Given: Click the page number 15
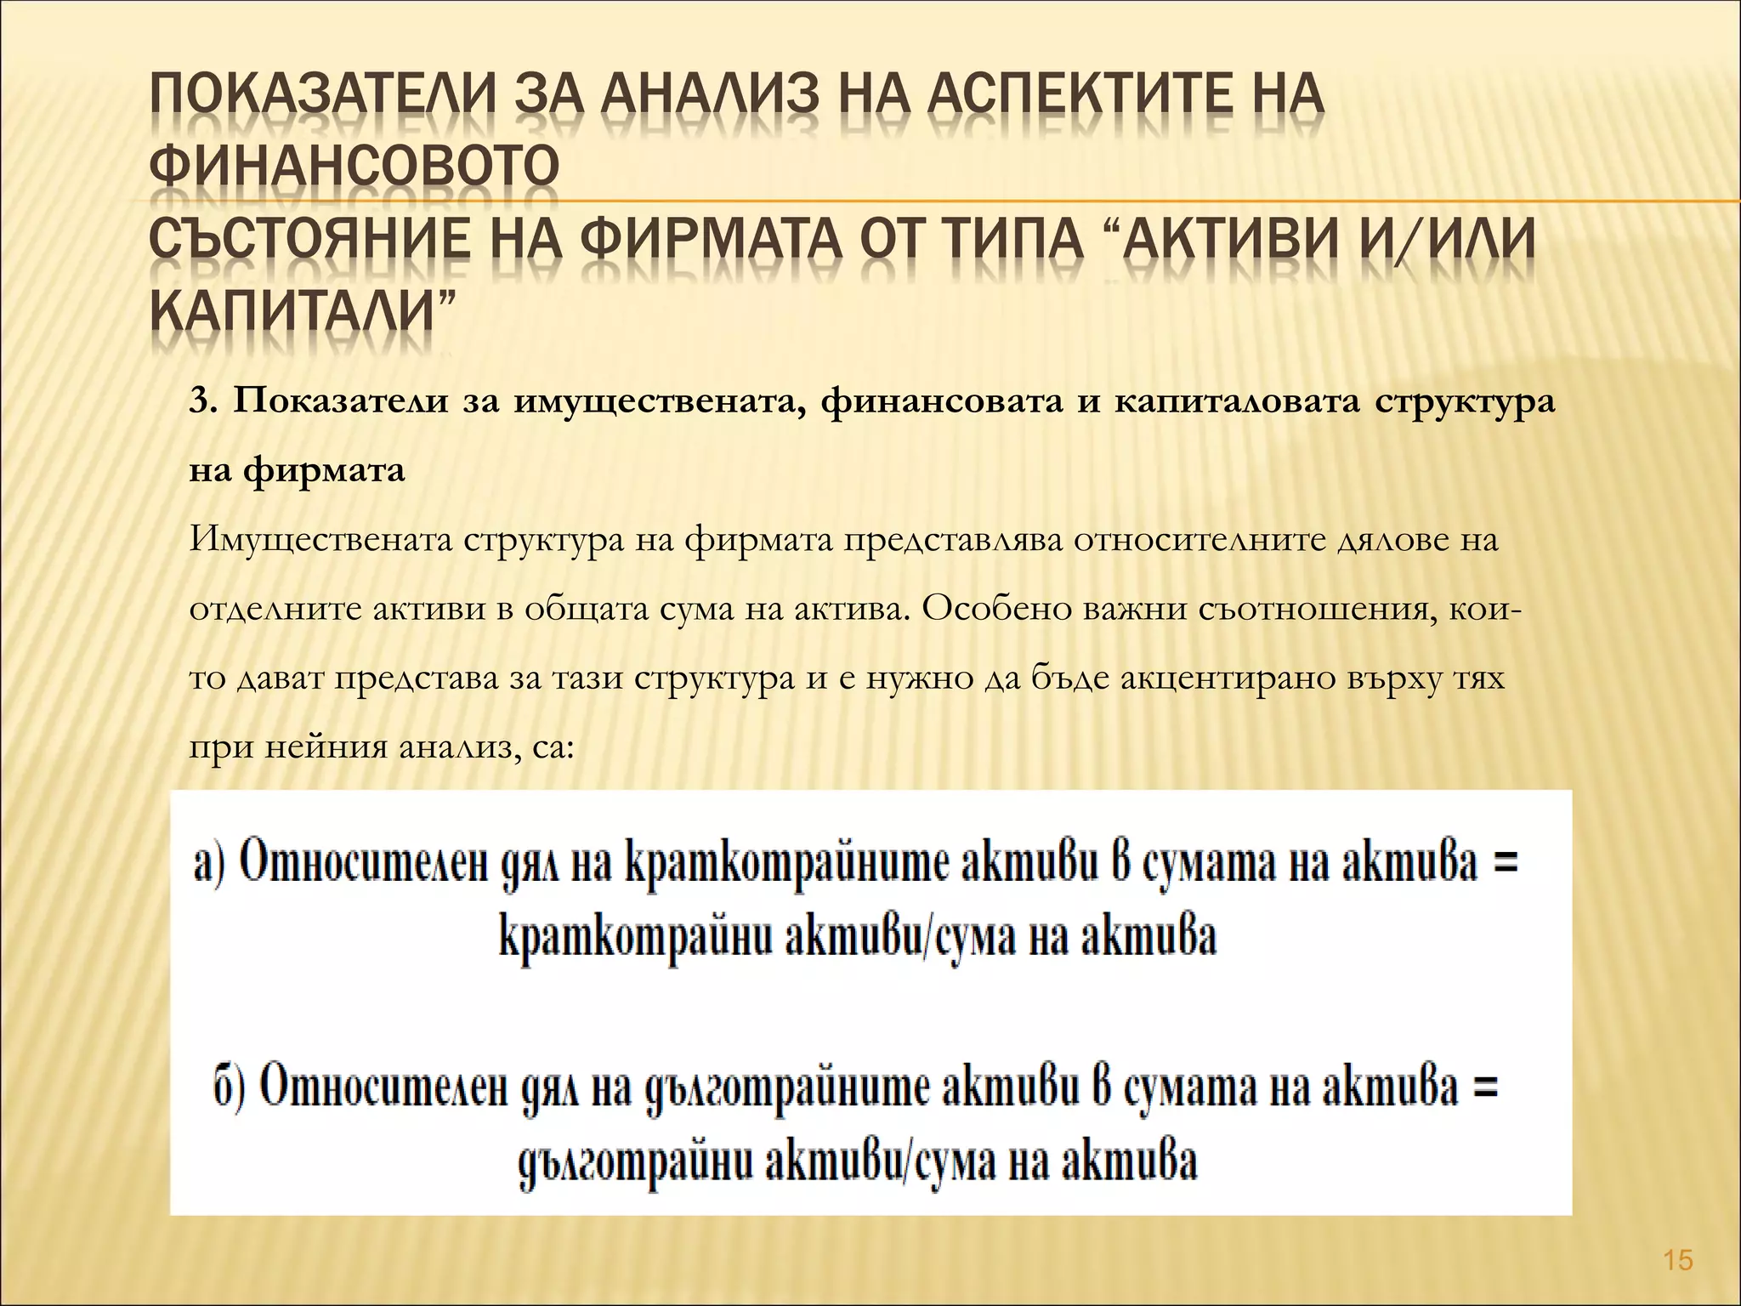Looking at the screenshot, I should pos(1678,1260).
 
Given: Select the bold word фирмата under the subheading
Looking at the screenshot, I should pos(325,470).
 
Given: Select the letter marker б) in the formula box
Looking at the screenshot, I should pos(229,1088).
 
